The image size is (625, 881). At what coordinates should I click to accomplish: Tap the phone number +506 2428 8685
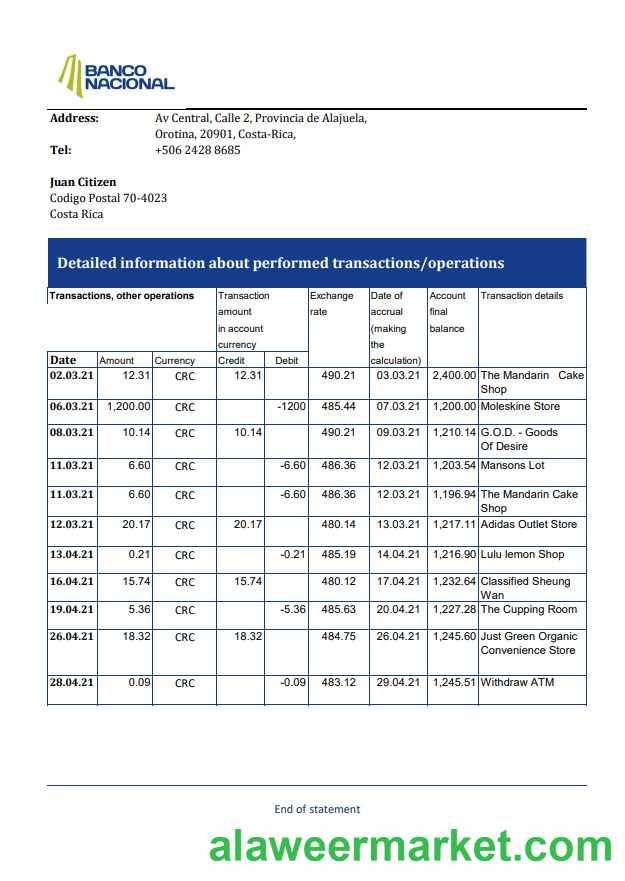197,150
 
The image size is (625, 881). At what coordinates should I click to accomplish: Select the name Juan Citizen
83,182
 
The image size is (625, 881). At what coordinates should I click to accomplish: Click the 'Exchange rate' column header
331,303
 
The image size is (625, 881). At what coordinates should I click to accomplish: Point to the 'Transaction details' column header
521,296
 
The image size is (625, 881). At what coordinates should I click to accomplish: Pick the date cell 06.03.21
72,407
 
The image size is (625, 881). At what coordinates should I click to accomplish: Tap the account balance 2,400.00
453,375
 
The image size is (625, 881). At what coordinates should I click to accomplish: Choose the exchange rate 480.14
337,524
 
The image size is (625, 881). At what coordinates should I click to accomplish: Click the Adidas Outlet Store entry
528,524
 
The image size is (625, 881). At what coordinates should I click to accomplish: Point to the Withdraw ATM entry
517,682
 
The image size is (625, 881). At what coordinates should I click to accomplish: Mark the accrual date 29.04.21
398,682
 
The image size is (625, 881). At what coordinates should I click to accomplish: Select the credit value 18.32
247,636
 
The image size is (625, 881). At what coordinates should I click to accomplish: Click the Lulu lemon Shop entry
522,554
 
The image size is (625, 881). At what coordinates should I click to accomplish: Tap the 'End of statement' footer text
317,809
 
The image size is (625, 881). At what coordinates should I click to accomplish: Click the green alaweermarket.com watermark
410,847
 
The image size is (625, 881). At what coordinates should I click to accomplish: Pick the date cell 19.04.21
72,609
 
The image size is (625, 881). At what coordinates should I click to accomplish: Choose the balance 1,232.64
453,581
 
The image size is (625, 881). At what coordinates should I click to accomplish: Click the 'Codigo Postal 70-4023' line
108,198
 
